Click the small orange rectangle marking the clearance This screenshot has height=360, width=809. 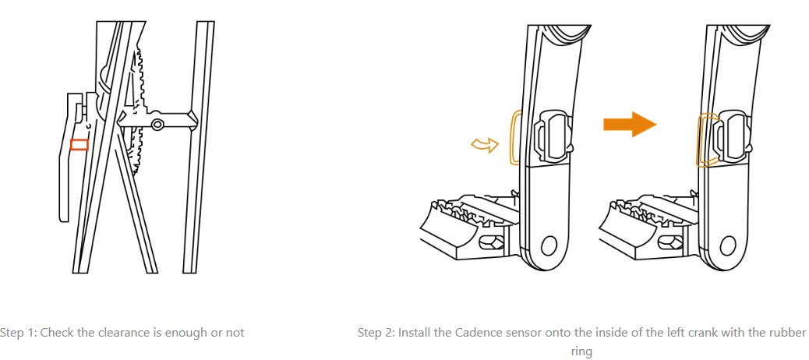tap(79, 144)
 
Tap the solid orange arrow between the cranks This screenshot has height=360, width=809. tap(630, 125)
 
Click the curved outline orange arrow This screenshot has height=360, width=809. tap(485, 146)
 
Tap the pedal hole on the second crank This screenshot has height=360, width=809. tap(728, 246)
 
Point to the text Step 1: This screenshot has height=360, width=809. tap(19, 333)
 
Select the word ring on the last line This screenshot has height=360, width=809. tap(581, 352)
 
